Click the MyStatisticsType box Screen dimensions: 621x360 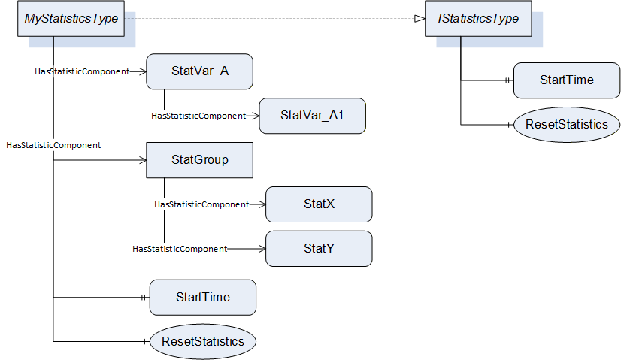click(x=71, y=19)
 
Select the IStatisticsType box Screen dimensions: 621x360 click(x=478, y=19)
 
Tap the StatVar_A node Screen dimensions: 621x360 click(x=200, y=71)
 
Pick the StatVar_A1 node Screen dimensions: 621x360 click(x=313, y=116)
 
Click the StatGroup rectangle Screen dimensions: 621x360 click(x=200, y=160)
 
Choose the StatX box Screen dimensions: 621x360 click(x=319, y=204)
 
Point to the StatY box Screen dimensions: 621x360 click(x=319, y=249)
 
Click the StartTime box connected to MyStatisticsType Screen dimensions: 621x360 click(x=203, y=298)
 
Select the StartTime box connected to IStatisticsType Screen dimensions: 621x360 click(x=567, y=80)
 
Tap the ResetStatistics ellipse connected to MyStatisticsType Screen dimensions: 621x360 click(x=203, y=342)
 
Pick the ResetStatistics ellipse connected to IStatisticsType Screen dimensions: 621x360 click(x=567, y=125)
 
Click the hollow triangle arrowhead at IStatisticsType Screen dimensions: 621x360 click(x=420, y=19)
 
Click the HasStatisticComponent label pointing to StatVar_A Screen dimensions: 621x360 click(x=82, y=71)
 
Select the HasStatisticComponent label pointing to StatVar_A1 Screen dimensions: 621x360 click(x=198, y=116)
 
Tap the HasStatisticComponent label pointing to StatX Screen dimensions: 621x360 click(x=201, y=204)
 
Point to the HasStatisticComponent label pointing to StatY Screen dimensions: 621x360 click(x=180, y=249)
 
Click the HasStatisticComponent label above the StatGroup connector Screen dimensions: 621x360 click(x=53, y=145)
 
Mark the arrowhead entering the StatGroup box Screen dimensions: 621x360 click(x=144, y=160)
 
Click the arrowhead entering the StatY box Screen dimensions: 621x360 click(x=262, y=249)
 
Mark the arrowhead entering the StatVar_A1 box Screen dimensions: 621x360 click(x=256, y=116)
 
